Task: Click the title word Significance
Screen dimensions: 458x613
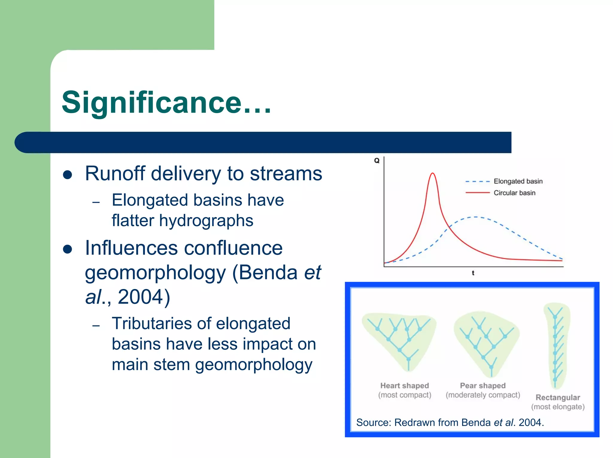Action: point(151,103)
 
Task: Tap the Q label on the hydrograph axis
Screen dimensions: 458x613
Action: point(377,161)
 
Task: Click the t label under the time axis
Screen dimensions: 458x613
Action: point(473,273)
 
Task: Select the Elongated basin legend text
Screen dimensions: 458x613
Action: point(518,181)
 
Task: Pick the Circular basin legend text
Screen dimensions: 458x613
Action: point(514,193)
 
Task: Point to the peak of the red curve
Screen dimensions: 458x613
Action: point(433,173)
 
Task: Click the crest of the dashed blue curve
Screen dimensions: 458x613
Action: point(475,217)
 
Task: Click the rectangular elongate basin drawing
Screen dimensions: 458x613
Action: point(556,344)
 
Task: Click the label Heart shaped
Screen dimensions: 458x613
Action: point(404,386)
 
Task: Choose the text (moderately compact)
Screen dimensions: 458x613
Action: point(483,395)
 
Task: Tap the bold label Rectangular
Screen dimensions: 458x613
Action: point(558,397)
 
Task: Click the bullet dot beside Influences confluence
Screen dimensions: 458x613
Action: point(68,249)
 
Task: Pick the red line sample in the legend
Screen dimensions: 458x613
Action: point(477,193)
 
